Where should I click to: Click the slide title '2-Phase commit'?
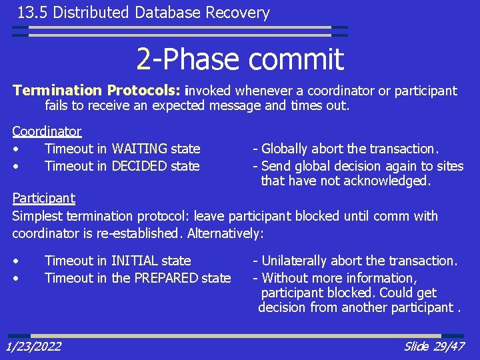(240, 59)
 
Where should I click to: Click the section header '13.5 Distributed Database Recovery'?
(143, 13)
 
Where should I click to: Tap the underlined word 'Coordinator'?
(47, 131)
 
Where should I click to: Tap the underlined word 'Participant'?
(44, 198)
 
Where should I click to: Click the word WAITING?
(139, 149)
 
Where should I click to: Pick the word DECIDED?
(139, 165)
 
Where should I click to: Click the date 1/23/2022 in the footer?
(33, 346)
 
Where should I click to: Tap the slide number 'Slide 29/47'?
(435, 346)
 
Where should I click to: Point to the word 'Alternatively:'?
(226, 233)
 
